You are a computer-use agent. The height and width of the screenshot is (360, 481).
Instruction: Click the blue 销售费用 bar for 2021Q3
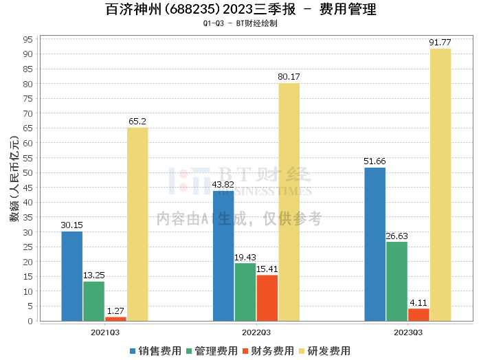72,276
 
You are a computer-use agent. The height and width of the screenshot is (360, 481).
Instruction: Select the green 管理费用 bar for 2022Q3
245,292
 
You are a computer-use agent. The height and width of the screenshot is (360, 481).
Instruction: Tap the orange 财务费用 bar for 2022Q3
267,298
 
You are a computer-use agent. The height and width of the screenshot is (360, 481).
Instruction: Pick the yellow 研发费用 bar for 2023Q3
440,185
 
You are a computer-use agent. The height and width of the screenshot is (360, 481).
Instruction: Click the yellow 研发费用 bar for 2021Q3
137,224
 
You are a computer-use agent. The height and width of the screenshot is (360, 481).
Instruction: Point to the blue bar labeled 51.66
375,244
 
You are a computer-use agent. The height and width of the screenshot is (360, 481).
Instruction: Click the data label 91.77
440,43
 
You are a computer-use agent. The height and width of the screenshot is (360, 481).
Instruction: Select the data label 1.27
115,311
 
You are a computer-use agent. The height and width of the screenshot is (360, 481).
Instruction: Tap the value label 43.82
223,185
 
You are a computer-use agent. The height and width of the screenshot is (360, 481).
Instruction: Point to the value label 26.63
396,236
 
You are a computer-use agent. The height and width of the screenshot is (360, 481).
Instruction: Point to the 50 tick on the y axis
28,172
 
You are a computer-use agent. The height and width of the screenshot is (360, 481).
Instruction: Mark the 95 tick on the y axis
28,39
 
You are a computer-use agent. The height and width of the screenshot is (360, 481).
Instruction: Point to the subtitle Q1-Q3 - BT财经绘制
240,23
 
